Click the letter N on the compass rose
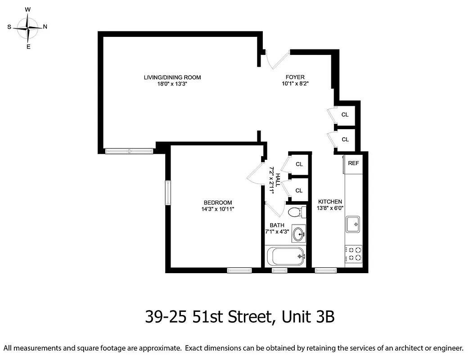[45, 27]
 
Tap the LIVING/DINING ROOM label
[172, 77]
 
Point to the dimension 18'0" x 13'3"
[172, 84]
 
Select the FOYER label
[295, 77]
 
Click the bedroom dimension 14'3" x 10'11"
[218, 209]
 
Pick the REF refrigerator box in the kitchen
[353, 163]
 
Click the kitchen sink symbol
[353, 224]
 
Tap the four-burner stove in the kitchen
[353, 254]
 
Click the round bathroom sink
[298, 234]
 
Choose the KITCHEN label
[330, 202]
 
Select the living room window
[129, 151]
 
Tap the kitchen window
[325, 270]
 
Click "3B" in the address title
[323, 317]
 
